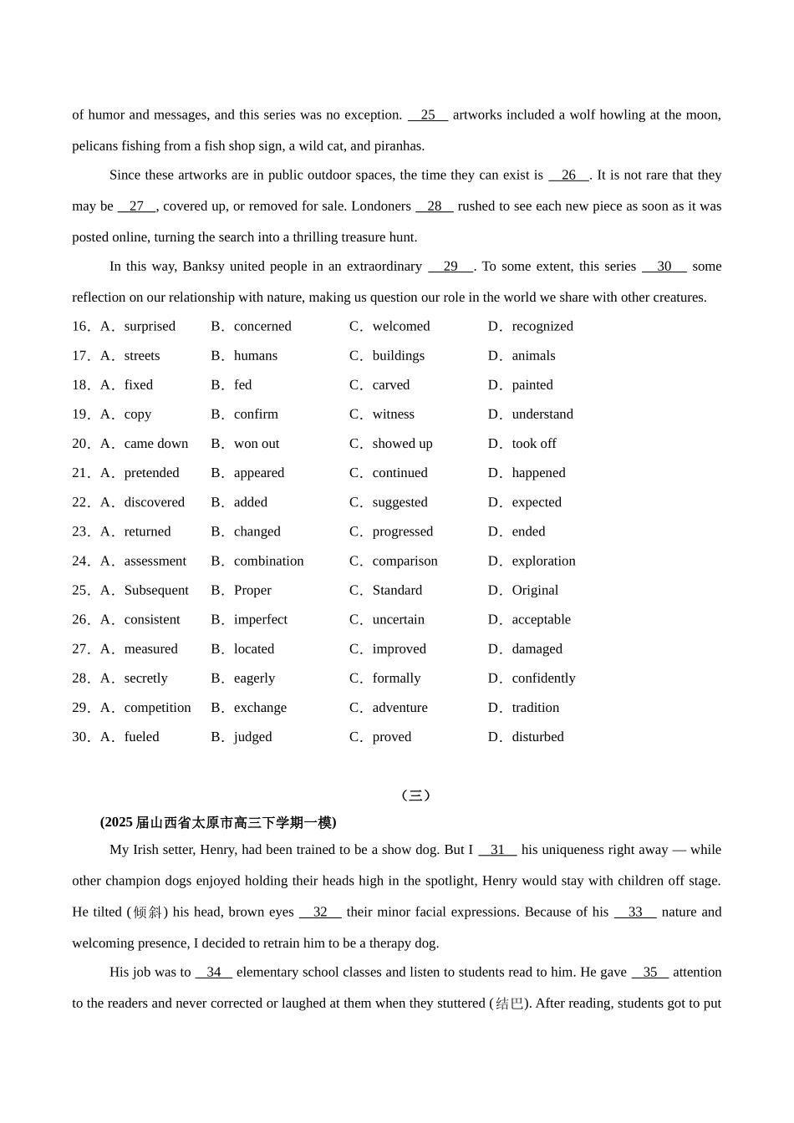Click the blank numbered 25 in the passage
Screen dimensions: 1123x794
pyautogui.click(x=428, y=115)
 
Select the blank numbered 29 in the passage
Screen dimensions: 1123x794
pyautogui.click(x=450, y=267)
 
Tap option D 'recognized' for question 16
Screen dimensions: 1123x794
pyautogui.click(x=542, y=327)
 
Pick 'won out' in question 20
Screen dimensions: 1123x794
pyautogui.click(x=257, y=444)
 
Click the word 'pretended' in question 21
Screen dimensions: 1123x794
pyautogui.click(x=151, y=473)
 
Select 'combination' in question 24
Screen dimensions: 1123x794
pyautogui.click(x=268, y=561)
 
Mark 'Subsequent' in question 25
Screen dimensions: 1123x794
pyautogui.click(x=156, y=591)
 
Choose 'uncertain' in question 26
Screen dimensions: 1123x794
pyautogui.click(x=398, y=620)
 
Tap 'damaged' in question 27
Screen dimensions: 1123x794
pyautogui.click(x=537, y=649)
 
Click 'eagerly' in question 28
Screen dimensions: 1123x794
pyautogui.click(x=254, y=678)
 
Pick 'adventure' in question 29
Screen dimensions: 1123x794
pyautogui.click(x=400, y=708)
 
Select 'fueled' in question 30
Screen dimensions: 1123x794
pyautogui.click(x=141, y=737)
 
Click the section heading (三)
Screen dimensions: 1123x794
pyautogui.click(x=415, y=795)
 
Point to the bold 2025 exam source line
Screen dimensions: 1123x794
pyautogui.click(x=218, y=823)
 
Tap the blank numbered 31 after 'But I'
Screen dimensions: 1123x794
pyautogui.click(x=497, y=850)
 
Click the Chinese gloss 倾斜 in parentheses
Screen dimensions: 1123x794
pyautogui.click(x=147, y=912)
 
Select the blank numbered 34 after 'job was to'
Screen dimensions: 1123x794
pyautogui.click(x=214, y=973)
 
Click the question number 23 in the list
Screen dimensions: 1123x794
pyautogui.click(x=80, y=532)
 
